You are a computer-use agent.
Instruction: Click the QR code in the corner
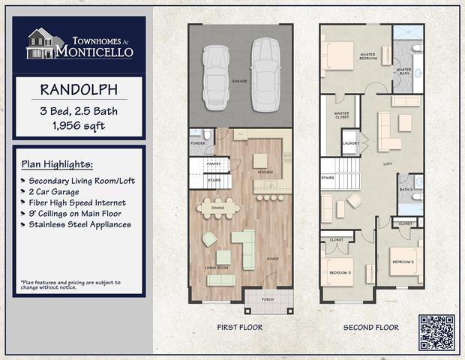coord(437,332)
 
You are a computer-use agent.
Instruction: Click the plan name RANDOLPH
coord(77,90)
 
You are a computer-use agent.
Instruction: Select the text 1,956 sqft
coord(78,125)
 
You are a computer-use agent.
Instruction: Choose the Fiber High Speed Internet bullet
coord(77,202)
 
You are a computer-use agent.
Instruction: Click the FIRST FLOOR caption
coord(239,328)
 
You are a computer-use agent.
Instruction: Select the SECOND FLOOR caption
coord(370,328)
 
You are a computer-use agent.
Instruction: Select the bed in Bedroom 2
coord(405,260)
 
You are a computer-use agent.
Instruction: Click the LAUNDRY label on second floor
coord(349,143)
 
